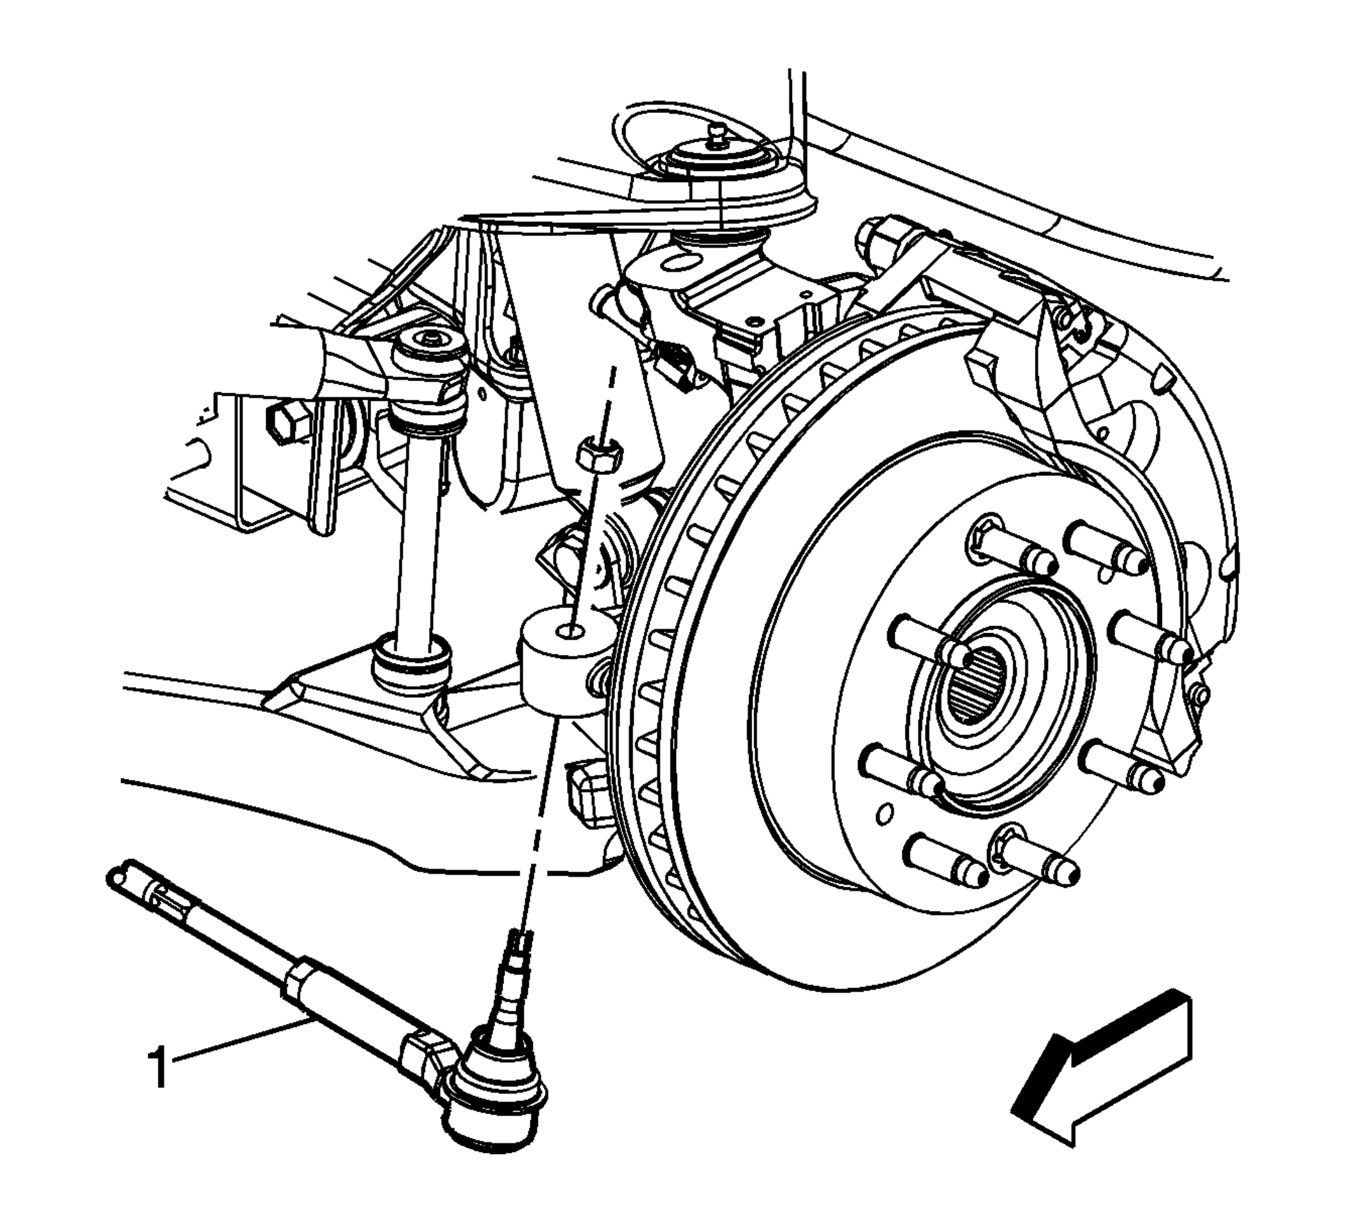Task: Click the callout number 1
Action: pos(158,1068)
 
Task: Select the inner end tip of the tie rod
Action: pos(119,876)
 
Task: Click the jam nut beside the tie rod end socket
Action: pos(428,1061)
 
